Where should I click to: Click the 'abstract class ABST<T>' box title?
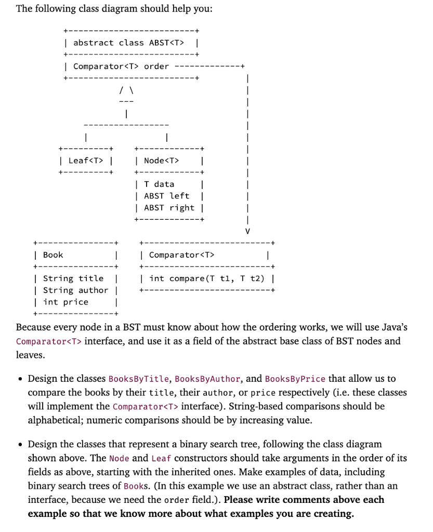tap(128, 43)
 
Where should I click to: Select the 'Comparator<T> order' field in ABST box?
tap(121, 66)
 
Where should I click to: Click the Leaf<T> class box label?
tap(86, 161)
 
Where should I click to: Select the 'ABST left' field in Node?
tap(166, 196)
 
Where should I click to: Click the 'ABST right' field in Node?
tap(169, 208)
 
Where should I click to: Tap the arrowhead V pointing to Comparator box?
tap(247, 230)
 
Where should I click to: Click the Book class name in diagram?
tap(53, 255)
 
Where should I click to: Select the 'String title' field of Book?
tap(73, 278)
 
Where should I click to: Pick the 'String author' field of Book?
tap(75, 290)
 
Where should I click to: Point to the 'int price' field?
tap(65, 302)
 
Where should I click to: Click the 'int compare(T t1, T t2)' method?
tap(206, 278)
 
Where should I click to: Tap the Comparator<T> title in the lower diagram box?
tap(181, 255)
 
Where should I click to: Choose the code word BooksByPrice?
tap(295, 379)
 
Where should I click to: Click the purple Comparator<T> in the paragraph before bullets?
tap(49, 341)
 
